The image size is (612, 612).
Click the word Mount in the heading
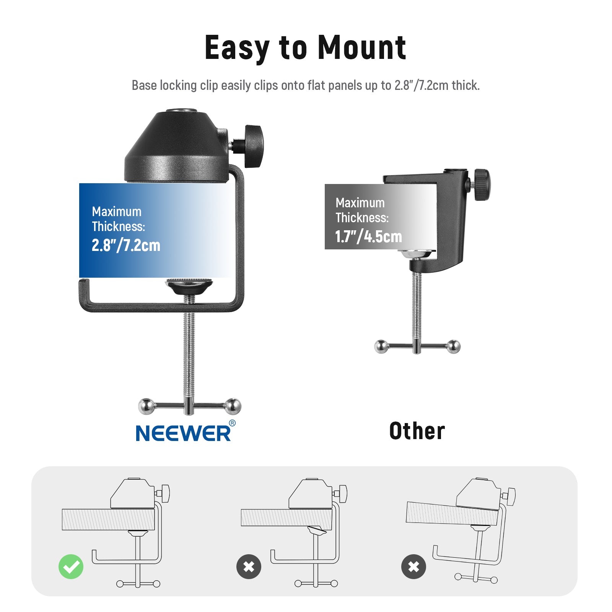pos(362,48)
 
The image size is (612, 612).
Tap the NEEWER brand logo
pos(184,433)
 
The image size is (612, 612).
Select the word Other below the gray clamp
pos(417,431)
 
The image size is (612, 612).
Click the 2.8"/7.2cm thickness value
pos(126,245)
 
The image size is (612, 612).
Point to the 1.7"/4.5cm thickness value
pos(368,236)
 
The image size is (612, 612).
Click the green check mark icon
pos(71,566)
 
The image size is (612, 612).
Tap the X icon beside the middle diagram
pos(249,566)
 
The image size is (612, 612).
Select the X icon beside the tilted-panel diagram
pos(413,566)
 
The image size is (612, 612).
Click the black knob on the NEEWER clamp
pos(253,146)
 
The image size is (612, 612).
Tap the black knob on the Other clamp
pos(482,185)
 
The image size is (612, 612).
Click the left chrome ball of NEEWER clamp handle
pos(146,406)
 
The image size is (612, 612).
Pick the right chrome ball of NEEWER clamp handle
pos(233,406)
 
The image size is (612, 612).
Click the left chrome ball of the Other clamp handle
pos(381,347)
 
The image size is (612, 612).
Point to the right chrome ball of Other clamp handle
pos(454,347)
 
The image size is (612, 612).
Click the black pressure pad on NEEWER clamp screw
pos(189,286)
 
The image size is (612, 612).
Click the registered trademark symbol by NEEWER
pos(232,423)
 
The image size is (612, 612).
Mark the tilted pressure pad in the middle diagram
pos(317,530)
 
